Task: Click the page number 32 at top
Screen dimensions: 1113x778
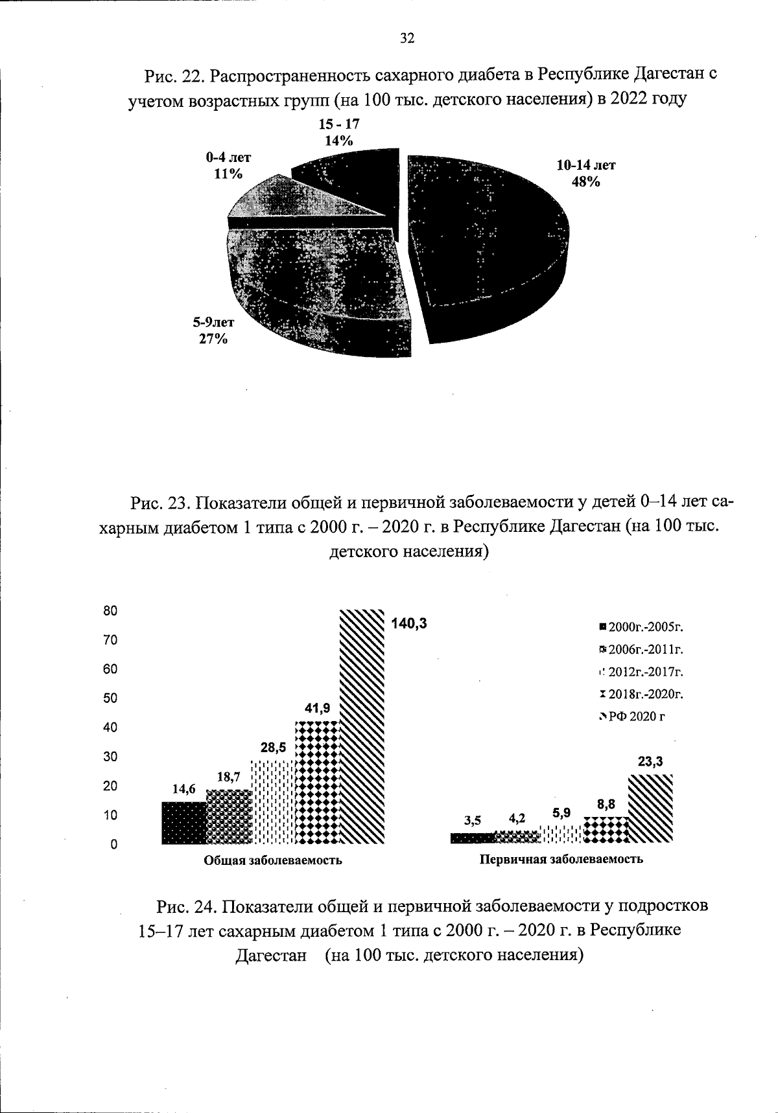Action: tap(407, 38)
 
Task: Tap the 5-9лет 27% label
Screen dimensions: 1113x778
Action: tap(213, 330)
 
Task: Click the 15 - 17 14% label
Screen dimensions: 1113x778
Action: tap(338, 132)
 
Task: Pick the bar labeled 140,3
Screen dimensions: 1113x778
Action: tap(362, 726)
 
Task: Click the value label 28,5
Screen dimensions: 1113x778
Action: tap(273, 748)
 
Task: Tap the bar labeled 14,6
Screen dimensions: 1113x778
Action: tap(183, 822)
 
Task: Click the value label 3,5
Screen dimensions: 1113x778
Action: tap(473, 820)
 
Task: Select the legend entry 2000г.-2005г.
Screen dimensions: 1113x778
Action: tap(642, 627)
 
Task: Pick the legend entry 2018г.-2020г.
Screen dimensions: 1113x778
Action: tap(642, 694)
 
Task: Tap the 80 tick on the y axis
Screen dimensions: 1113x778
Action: tap(111, 611)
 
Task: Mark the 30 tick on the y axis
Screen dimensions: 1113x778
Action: tap(111, 757)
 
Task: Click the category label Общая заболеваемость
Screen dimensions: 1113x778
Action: tap(273, 861)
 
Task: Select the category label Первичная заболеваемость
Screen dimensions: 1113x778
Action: tap(561, 860)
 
